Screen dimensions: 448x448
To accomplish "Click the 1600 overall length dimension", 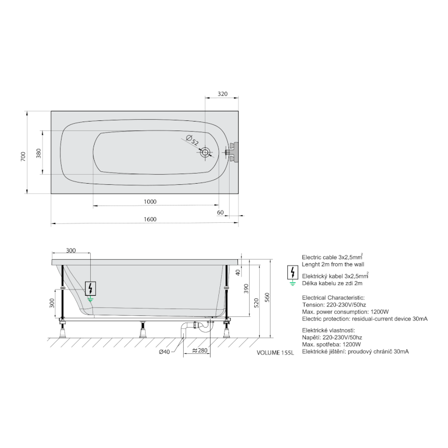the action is [x=150, y=219].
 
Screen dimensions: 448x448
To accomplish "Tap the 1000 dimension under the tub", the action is [x=150, y=202].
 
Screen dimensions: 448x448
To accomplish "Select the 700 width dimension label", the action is [x=23, y=156].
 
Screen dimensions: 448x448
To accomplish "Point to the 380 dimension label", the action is [x=39, y=153].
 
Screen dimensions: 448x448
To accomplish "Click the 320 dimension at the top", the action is [x=222, y=94].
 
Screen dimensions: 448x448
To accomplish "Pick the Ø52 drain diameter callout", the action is [x=192, y=140].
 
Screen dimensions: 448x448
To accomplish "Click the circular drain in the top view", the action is [x=205, y=152].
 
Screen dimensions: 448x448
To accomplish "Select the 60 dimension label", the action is [x=220, y=212].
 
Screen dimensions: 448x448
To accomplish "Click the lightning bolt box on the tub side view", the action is [x=90, y=288].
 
